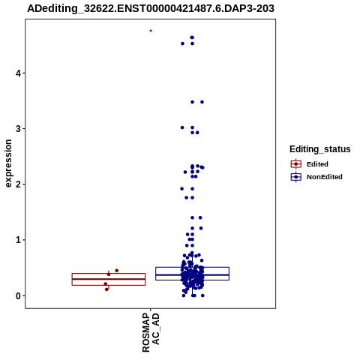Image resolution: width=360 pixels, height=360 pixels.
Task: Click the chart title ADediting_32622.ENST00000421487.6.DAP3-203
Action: point(151,8)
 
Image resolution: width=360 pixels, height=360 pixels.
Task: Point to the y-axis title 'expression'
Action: point(8,163)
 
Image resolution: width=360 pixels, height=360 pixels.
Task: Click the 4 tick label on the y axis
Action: point(18,73)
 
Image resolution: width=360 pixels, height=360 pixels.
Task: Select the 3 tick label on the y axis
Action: point(18,129)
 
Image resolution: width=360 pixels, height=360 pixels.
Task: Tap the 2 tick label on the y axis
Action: point(18,184)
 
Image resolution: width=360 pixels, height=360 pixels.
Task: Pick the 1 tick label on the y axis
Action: point(18,240)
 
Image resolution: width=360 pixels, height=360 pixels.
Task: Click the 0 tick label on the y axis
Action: point(18,295)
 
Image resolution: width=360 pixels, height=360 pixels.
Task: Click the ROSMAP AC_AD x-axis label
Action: point(151,333)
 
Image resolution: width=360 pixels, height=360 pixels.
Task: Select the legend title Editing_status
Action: point(320,149)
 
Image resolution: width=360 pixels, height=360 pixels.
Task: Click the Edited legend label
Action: point(317,164)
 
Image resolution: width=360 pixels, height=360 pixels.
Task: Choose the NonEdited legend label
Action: point(325,177)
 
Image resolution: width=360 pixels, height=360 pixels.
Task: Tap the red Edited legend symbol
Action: point(296,164)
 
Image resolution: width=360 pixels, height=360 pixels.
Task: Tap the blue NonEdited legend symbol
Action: point(296,177)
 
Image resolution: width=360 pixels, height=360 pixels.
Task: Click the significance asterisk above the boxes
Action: point(151,31)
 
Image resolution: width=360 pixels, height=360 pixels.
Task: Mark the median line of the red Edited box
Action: point(109,279)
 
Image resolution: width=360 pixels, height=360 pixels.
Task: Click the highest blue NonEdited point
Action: point(192,37)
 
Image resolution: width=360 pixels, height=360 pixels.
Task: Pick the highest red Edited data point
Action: point(116,271)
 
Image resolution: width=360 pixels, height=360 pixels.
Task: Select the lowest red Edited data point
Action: point(106,289)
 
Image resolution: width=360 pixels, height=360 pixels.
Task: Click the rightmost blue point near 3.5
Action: point(202,102)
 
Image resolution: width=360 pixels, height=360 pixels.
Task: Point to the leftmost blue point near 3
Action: point(182,127)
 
